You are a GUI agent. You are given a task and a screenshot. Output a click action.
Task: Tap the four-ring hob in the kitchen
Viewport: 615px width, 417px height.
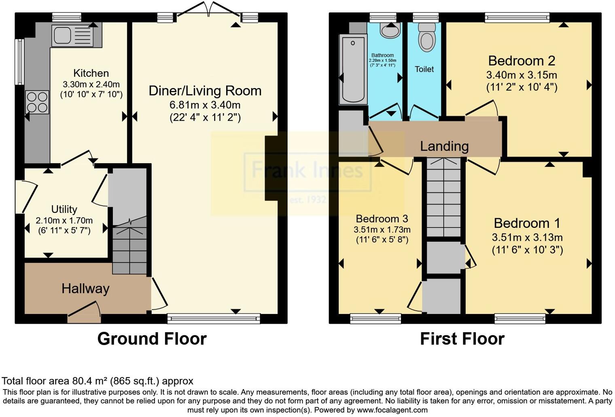click(37, 102)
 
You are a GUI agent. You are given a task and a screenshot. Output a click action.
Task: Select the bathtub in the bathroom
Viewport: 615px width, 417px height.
click(353, 69)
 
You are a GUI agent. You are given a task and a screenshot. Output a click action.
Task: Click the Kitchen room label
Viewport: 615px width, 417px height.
click(91, 73)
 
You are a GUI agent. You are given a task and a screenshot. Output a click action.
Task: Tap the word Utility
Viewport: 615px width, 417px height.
click(64, 209)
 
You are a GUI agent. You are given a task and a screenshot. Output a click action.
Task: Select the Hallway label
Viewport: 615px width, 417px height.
click(85, 289)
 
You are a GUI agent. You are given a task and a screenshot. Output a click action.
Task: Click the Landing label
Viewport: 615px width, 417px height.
click(444, 146)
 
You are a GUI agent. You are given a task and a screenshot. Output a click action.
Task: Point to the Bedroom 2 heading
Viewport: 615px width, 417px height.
click(522, 61)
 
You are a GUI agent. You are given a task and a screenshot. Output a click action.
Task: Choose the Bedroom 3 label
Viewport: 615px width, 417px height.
click(382, 219)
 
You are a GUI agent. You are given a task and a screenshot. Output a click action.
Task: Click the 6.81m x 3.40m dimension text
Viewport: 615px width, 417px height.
click(205, 105)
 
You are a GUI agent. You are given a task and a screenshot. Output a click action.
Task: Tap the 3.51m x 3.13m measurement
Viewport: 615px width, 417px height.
click(527, 238)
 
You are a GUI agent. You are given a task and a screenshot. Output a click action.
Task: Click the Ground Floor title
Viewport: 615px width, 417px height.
click(152, 339)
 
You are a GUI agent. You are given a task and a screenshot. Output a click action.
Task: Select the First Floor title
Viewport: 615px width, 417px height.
click(462, 339)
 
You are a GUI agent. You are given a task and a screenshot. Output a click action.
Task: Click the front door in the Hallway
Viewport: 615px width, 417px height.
click(84, 312)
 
